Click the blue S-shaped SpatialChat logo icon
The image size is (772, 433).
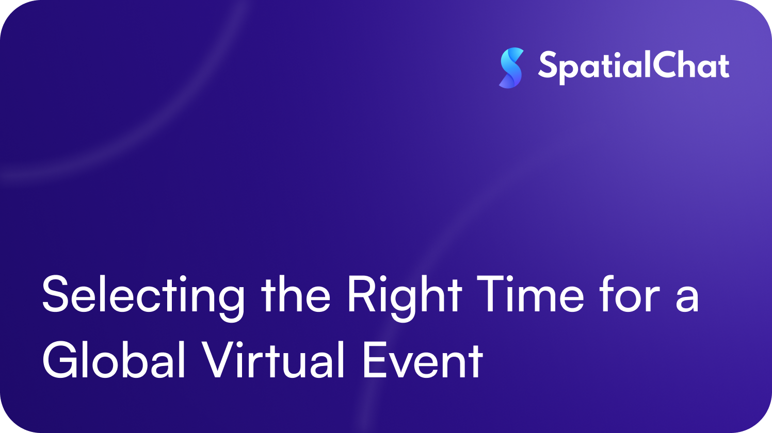coord(511,68)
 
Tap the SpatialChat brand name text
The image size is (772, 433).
coord(634,67)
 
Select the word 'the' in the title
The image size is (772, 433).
coord(296,294)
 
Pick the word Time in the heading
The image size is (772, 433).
coord(530,294)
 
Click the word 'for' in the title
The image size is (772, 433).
coord(630,294)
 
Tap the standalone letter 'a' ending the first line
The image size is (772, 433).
coord(687,299)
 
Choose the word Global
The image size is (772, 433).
coord(114,360)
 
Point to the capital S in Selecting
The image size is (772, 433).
coord(57,294)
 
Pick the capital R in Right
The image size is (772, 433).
coord(361,294)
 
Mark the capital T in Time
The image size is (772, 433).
coord(490,294)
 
